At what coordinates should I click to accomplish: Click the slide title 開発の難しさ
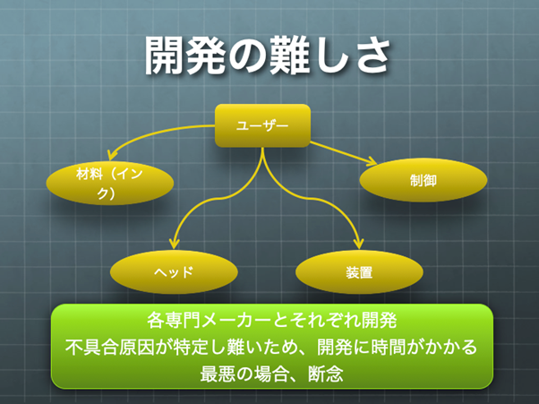click(x=269, y=56)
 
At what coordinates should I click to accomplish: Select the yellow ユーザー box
click(x=262, y=125)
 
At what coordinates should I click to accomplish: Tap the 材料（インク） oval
click(x=109, y=182)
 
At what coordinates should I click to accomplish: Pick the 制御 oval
click(x=423, y=180)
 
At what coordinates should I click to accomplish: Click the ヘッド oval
click(x=175, y=271)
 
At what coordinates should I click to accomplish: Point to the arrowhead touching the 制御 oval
click(x=370, y=161)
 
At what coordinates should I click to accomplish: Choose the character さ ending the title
click(x=375, y=56)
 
